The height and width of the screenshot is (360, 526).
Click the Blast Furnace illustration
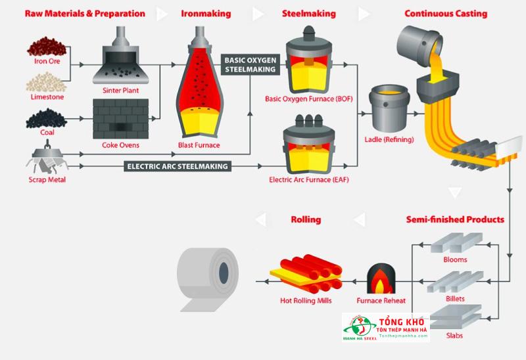(x=199, y=89)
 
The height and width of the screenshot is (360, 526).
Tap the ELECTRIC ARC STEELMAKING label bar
(x=177, y=166)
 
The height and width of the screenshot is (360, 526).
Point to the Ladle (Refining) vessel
(x=387, y=108)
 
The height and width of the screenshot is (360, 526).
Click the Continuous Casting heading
(x=446, y=13)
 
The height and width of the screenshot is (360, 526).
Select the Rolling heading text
(x=305, y=219)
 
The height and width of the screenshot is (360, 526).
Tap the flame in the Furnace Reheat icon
(x=381, y=281)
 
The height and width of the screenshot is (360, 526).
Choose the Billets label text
(x=455, y=299)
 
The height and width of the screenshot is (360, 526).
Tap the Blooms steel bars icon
(x=454, y=244)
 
